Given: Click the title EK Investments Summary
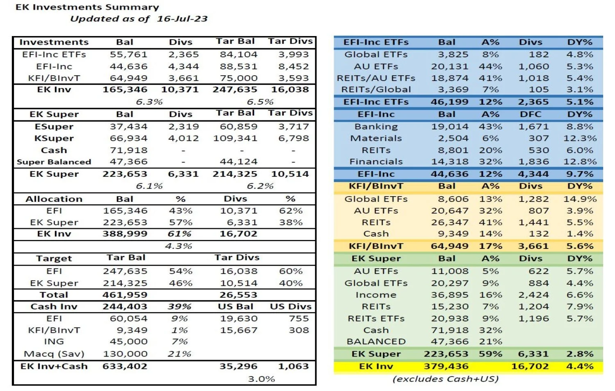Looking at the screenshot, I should [x=87, y=7].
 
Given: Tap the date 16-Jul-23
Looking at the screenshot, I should [x=182, y=19].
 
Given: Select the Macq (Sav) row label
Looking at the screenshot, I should [x=54, y=354].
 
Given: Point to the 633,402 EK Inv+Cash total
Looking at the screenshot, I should [x=125, y=366].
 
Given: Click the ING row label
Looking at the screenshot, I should [x=54, y=341].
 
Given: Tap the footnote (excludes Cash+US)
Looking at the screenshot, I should [x=445, y=379].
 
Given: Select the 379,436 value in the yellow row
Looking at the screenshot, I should [x=446, y=366].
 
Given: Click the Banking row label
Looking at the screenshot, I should [x=376, y=127].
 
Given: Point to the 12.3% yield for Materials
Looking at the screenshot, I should [x=580, y=138].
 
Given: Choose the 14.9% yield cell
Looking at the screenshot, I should [x=580, y=199].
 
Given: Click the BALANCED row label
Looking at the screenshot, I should [x=376, y=341].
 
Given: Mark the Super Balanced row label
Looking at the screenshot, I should [x=54, y=162].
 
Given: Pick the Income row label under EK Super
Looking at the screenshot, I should [x=376, y=295].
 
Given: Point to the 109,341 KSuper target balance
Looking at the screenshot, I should [x=235, y=138].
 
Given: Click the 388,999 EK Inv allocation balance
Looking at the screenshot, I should [x=125, y=234].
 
